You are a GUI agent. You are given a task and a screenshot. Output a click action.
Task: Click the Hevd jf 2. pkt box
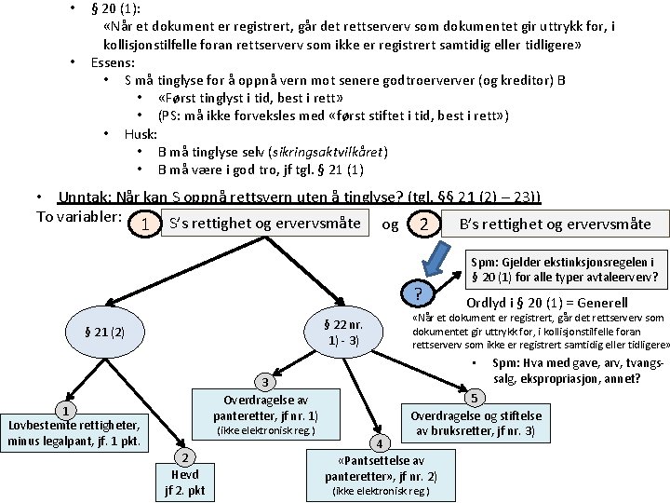[x=185, y=481]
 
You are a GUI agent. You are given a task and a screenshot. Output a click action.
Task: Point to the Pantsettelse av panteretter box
[x=382, y=475]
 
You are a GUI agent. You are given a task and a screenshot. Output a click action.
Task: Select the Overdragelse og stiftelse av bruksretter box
[x=474, y=422]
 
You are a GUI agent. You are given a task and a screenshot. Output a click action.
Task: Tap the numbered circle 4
[x=379, y=442]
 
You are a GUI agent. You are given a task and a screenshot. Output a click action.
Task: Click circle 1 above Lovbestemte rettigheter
[x=63, y=412]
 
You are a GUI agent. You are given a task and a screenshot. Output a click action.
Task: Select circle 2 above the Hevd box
[x=185, y=456]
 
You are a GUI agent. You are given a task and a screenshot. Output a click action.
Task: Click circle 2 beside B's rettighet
[x=424, y=224]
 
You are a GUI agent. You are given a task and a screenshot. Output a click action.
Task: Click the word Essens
[x=112, y=63]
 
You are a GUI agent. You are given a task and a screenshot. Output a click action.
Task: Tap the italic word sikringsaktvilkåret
[x=328, y=151]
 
